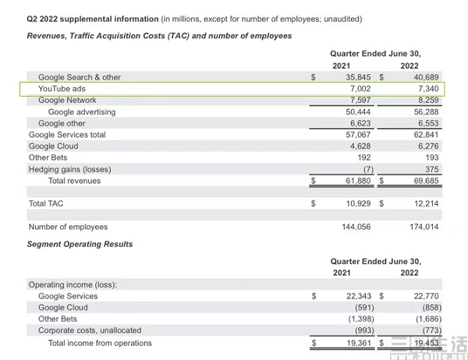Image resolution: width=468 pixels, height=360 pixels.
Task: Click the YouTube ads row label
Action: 62,89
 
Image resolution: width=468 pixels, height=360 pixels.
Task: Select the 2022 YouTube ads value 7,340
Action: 428,89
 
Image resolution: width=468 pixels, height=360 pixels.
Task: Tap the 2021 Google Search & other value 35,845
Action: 358,77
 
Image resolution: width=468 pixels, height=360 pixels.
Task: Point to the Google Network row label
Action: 67,101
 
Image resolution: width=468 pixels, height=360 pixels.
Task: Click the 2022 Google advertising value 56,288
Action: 426,112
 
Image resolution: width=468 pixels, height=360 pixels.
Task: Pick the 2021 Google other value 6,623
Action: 360,123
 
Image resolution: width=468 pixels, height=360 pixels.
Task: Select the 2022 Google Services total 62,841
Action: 426,135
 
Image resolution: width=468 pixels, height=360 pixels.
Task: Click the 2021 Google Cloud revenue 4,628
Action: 360,146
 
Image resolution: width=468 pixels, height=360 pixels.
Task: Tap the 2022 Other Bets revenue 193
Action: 432,157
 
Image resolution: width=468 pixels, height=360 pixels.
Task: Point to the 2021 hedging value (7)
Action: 368,169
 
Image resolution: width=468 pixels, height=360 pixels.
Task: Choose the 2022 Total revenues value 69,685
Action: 426,181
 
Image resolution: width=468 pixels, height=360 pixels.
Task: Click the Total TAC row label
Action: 46,203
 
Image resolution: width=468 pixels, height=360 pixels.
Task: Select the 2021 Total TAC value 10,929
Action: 358,203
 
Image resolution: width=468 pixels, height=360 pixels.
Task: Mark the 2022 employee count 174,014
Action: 424,227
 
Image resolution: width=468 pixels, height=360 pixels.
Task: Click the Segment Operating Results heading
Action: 80,244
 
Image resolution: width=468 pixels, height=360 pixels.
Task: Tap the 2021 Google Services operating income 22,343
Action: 359,296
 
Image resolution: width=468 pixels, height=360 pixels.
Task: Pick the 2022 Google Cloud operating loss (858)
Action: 432,308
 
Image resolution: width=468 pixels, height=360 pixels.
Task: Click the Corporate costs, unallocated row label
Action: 90,330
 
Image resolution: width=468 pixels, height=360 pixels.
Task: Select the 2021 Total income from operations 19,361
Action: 359,343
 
